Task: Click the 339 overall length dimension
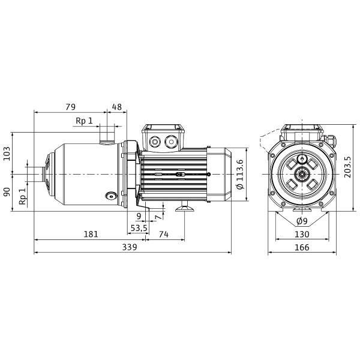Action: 130,247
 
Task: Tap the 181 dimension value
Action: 91,234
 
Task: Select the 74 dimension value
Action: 164,234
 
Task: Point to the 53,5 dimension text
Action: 139,228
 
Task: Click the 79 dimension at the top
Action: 70,107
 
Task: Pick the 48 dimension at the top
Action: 117,107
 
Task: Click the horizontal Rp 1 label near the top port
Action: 84,121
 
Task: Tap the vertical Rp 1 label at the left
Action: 23,197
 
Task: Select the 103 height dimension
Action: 7,154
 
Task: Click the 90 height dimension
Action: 7,192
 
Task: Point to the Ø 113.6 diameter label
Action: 239,174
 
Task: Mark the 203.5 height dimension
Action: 347,167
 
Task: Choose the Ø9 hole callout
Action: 302,221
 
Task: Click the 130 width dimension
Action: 302,234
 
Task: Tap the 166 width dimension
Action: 302,247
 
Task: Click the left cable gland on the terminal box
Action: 154,142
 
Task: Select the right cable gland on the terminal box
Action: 171,142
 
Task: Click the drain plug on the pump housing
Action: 111,196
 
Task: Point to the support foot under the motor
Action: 185,206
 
